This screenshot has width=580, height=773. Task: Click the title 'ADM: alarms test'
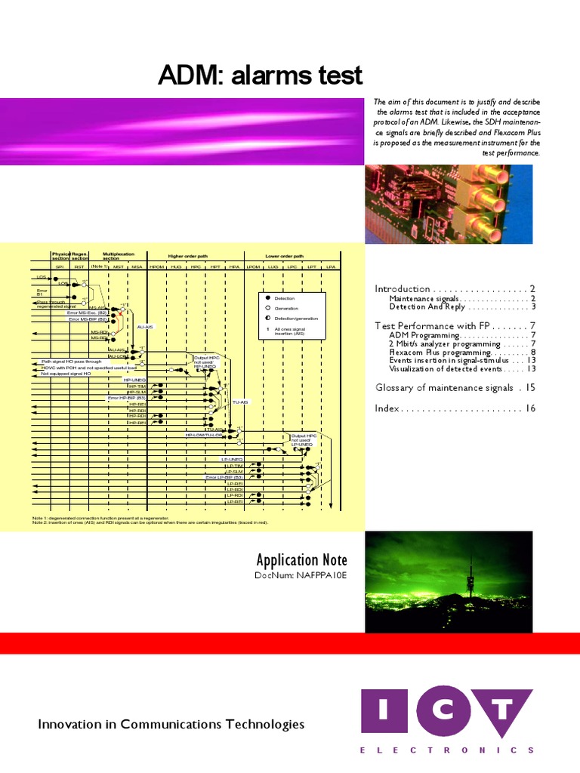coord(260,75)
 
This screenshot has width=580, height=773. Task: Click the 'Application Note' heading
coord(301,560)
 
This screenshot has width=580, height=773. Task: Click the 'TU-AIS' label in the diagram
coord(240,402)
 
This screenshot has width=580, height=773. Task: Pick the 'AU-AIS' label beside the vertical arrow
coord(145,327)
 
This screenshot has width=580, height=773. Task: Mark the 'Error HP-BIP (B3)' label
coord(127,397)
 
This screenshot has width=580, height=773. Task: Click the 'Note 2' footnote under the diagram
coord(150,522)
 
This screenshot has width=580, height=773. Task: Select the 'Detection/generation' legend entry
coord(291,319)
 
